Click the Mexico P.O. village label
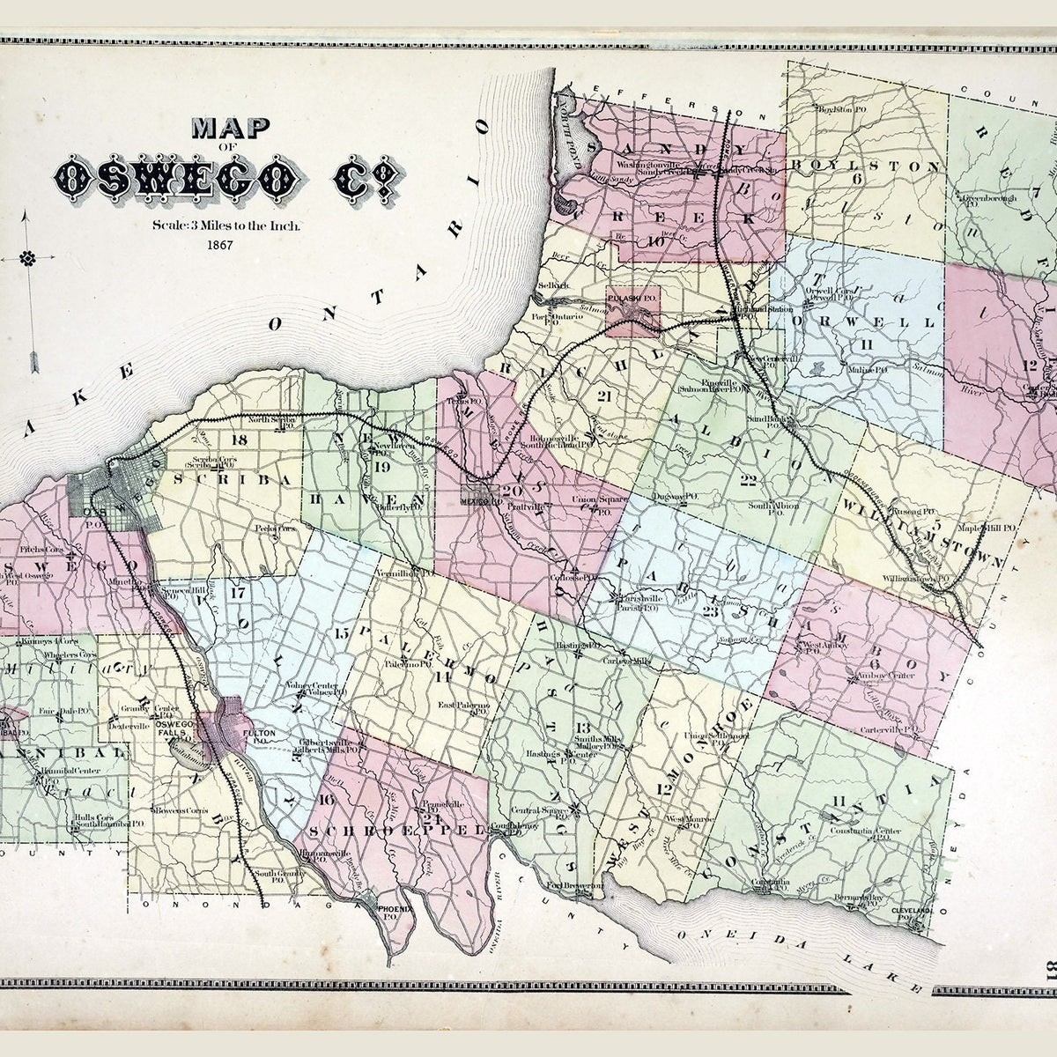(x=480, y=499)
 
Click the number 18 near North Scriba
(x=237, y=440)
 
